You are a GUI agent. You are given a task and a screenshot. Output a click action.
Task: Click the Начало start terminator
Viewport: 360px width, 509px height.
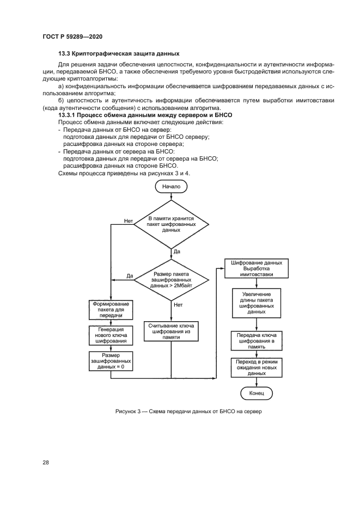point(171,186)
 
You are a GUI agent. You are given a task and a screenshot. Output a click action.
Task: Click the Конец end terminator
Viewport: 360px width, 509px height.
point(256,393)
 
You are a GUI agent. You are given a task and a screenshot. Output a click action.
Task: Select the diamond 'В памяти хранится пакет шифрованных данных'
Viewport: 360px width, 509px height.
point(171,224)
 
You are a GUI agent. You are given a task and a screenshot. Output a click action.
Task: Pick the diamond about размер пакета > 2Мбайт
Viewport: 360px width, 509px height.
point(171,279)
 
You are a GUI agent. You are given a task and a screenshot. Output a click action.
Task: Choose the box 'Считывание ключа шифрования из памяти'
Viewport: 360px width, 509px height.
point(171,331)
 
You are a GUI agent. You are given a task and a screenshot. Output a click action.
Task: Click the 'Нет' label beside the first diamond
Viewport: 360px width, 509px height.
point(129,221)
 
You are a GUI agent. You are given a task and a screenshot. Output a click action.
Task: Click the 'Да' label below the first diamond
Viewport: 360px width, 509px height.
point(177,252)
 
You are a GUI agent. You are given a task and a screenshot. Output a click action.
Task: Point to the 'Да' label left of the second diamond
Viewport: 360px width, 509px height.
point(130,276)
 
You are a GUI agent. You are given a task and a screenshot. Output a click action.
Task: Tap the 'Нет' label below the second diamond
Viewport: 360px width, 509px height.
point(178,305)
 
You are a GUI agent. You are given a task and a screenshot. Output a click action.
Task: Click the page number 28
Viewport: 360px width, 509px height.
point(46,462)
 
